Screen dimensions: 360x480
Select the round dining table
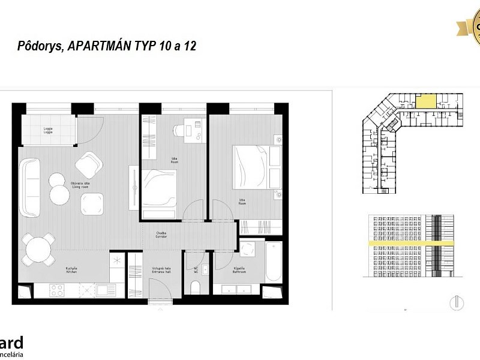coord(38,249)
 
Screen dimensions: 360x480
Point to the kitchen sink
coord(104,290)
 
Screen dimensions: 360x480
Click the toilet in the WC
coord(196,289)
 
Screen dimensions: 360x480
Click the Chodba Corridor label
coord(161,235)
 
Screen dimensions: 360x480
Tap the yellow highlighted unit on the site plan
coord(427,101)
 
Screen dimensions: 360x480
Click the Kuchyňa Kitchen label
coord(71,270)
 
